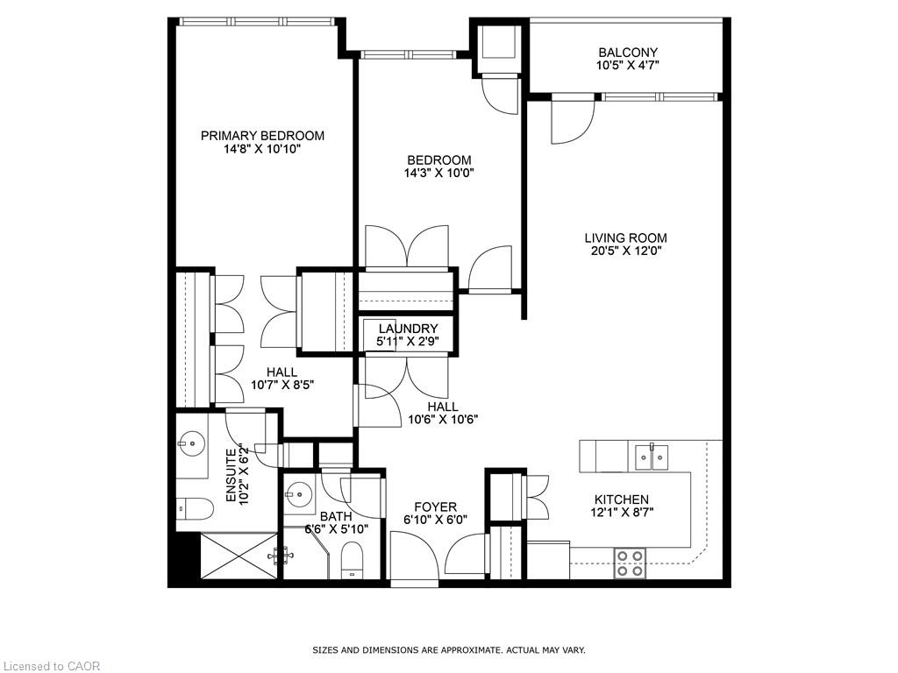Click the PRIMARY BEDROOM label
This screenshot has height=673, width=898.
pos(262,136)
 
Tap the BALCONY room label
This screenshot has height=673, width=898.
pos(627,53)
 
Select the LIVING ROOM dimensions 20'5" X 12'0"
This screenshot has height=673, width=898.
pos(625,251)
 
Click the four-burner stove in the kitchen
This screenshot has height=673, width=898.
pos(630,563)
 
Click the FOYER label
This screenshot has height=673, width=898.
pos(435,507)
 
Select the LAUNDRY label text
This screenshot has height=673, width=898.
pos(408,329)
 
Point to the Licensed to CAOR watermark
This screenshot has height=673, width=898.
pos(51,666)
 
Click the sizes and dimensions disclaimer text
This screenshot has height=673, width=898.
pos(449,650)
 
